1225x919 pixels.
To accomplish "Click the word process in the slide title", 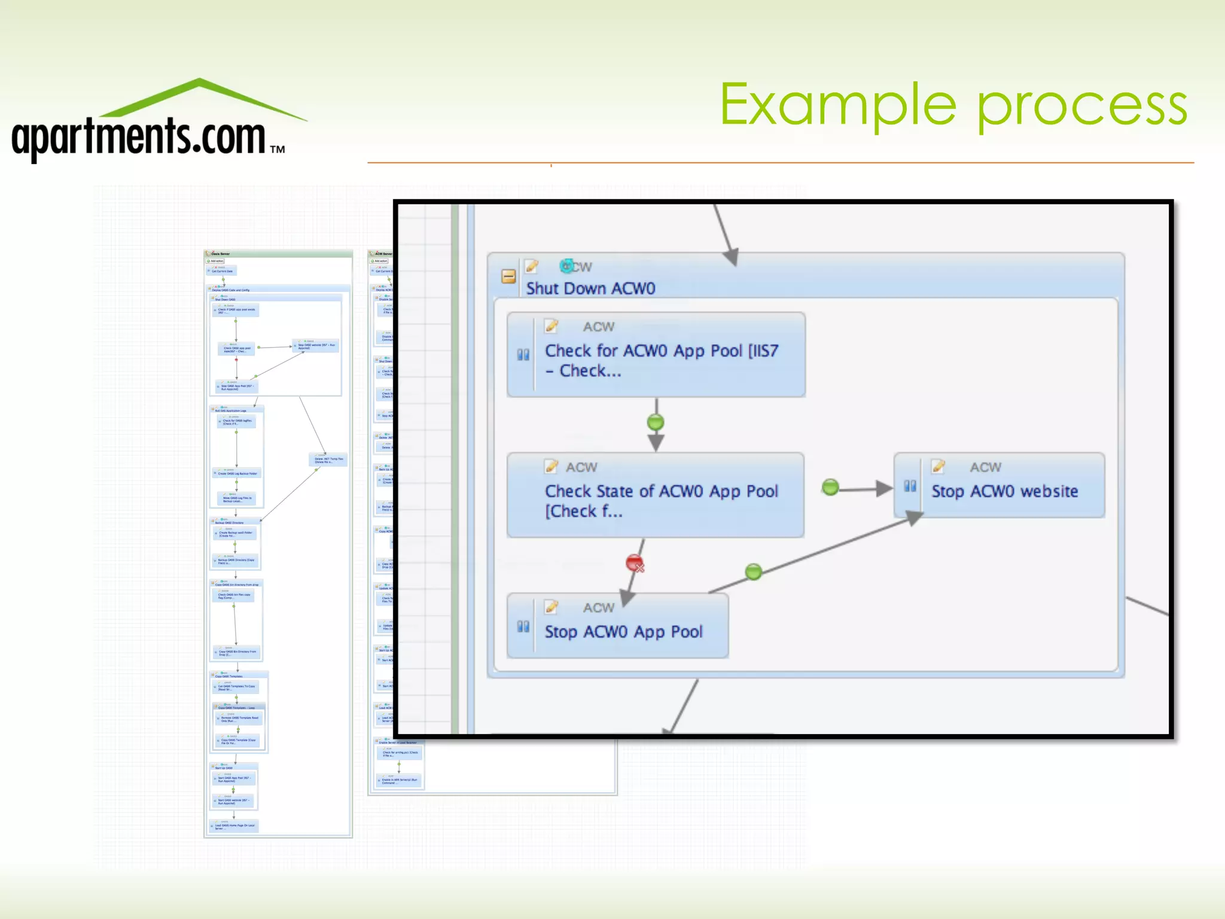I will tap(1083, 108).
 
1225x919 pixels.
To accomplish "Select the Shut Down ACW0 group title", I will tap(590, 288).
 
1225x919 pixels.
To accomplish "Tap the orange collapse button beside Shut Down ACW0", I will tap(508, 276).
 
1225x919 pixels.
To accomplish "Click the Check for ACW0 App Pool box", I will tap(656, 355).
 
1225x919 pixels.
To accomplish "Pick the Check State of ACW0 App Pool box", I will tap(656, 495).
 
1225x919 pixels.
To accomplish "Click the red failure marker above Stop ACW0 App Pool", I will tap(635, 563).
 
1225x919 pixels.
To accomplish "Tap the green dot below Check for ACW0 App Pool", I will tap(656, 422).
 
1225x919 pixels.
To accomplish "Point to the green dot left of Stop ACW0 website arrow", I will tap(830, 488).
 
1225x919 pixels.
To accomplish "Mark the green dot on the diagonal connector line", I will tap(754, 571).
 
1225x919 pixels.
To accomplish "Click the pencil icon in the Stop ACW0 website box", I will tap(938, 466).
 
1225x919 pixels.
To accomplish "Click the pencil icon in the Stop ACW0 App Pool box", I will tap(551, 607).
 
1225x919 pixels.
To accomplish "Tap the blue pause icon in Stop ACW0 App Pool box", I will tap(523, 626).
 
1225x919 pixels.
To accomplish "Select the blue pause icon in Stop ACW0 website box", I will tap(910, 486).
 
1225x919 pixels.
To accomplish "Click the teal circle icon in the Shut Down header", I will tap(566, 266).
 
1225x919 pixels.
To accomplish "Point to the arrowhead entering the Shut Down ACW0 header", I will tap(731, 257).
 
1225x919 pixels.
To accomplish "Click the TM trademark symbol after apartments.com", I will tap(277, 150).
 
